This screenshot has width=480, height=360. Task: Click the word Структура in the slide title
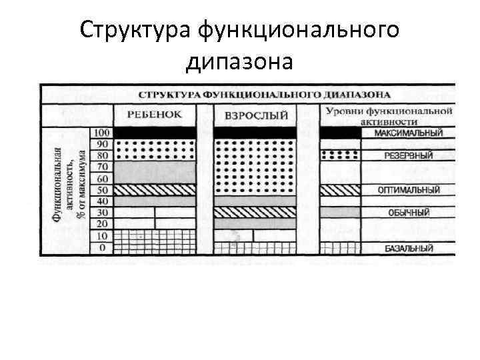point(133,31)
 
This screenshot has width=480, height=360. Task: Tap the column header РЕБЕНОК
point(154,114)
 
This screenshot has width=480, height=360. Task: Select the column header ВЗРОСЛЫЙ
point(256,115)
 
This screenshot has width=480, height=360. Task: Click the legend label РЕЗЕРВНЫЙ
point(409,155)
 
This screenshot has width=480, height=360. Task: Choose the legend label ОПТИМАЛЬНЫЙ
point(409,189)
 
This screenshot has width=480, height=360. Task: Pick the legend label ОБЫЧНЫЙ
point(409,213)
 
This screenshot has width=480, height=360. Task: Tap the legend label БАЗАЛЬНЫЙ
point(409,249)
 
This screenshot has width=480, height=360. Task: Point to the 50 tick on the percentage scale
point(102,190)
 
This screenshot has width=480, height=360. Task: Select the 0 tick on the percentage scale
point(102,248)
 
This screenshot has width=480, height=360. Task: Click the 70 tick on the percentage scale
point(102,167)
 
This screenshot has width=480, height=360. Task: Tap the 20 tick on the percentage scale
point(102,225)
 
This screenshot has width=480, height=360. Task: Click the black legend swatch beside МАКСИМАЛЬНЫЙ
point(340,133)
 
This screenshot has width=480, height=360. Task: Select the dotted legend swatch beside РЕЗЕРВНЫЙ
point(340,155)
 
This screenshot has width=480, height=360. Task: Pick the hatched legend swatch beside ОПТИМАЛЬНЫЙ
point(340,190)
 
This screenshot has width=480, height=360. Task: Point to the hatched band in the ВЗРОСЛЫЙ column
point(256,213)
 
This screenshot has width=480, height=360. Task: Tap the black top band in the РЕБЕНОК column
point(155,133)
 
